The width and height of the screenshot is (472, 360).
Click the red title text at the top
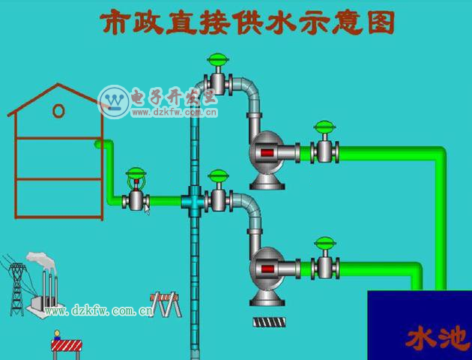tap(246, 22)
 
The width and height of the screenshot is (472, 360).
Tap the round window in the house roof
tap(58, 111)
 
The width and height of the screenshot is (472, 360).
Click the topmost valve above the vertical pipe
tap(218, 76)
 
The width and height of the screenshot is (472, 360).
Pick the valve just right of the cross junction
tap(218, 199)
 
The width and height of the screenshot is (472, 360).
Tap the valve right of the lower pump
tap(324, 265)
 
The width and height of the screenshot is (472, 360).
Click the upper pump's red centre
tap(266, 154)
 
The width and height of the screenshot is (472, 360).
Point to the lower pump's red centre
tap(266, 268)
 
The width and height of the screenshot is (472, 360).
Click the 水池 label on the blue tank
tap(437, 338)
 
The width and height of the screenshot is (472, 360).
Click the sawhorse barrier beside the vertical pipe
tap(166, 304)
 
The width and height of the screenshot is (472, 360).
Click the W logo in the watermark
tap(115, 100)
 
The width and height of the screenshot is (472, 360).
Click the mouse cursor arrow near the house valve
tap(148, 210)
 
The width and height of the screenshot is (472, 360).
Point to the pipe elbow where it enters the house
tap(101, 144)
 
